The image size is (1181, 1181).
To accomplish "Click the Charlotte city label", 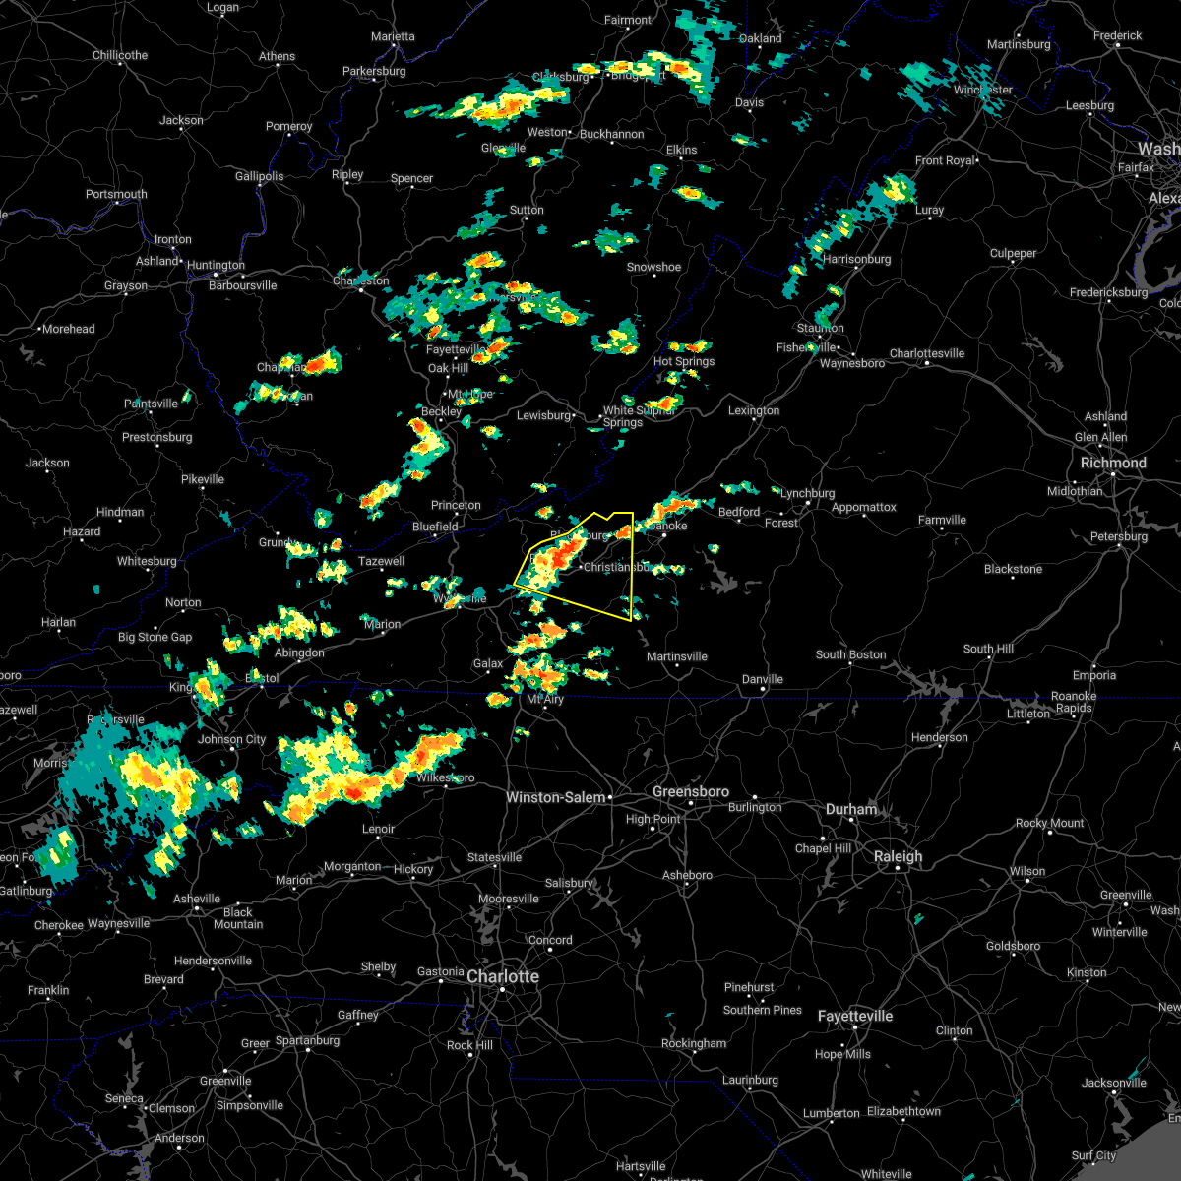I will (x=502, y=976).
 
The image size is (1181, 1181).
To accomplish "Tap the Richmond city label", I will (x=1113, y=463).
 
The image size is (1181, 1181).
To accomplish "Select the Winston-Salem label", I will (x=555, y=797).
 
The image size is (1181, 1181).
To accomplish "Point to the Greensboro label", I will (x=691, y=791).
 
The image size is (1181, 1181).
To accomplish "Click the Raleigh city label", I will (x=899, y=856).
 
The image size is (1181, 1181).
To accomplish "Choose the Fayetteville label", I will (x=855, y=1016).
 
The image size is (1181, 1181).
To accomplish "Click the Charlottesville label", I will (x=927, y=353).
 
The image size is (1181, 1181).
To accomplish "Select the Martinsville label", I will (x=677, y=656).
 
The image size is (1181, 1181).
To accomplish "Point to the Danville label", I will (x=763, y=679).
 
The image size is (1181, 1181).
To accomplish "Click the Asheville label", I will (x=197, y=899).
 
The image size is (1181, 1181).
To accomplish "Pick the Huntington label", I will (x=216, y=265).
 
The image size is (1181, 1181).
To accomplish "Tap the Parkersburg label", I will (x=374, y=71).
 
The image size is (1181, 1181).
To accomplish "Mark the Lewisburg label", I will (x=543, y=415).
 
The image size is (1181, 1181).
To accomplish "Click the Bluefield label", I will (x=435, y=527).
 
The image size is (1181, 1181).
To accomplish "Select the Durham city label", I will (x=851, y=809).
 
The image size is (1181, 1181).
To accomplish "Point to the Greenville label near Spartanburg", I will (x=225, y=1081).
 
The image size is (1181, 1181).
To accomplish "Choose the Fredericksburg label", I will (x=1108, y=292).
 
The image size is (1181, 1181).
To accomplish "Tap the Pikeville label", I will (x=203, y=479).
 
